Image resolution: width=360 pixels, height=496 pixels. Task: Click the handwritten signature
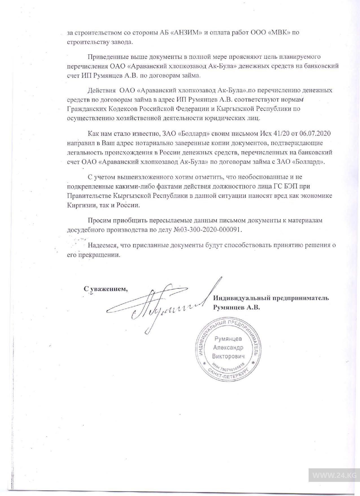click(158, 306)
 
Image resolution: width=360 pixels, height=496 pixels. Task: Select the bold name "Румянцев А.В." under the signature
click(236, 308)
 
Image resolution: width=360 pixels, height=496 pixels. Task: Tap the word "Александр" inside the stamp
click(228, 348)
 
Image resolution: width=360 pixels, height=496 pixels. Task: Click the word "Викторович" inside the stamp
click(228, 356)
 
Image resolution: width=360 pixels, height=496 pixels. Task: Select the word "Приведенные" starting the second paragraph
click(108, 57)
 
